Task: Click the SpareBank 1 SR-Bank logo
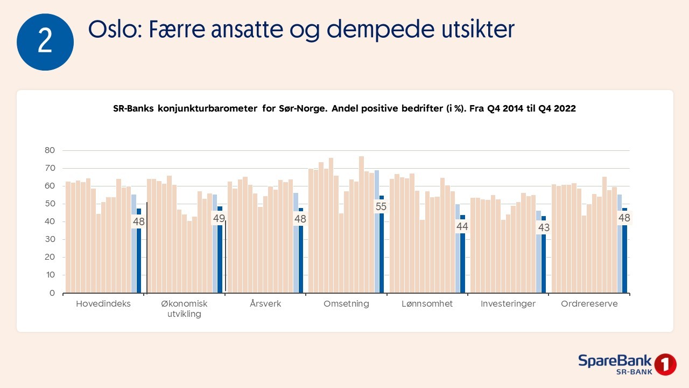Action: (x=627, y=364)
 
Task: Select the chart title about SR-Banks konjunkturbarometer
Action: (x=344, y=108)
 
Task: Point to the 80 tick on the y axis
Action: (x=50, y=150)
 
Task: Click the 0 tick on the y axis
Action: (x=52, y=293)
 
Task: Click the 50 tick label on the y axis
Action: (x=50, y=204)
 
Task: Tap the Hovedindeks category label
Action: (x=103, y=304)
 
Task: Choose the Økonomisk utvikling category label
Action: (x=185, y=309)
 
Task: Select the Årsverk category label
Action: (x=265, y=304)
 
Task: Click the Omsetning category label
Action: (x=346, y=304)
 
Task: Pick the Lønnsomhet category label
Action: (x=427, y=304)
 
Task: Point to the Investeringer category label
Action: (x=508, y=304)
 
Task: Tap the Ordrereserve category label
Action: (x=589, y=304)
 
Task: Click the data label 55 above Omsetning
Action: (x=381, y=206)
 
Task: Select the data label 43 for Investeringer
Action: (x=543, y=227)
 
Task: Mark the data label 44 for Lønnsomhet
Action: (x=462, y=227)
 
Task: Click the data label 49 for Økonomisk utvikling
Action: (x=219, y=218)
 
